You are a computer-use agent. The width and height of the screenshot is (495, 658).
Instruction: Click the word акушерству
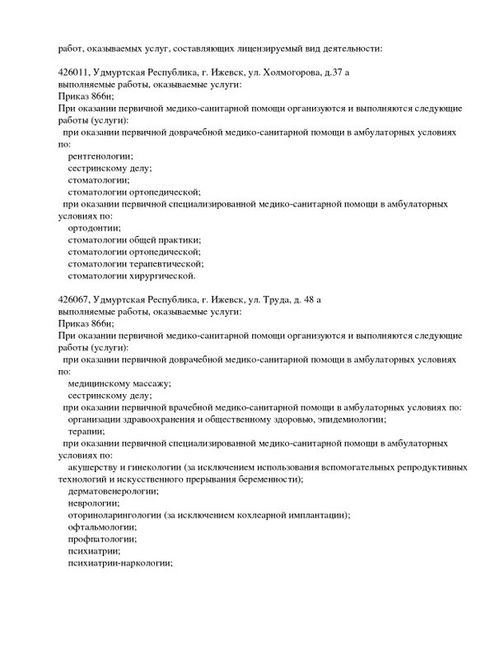(x=97, y=467)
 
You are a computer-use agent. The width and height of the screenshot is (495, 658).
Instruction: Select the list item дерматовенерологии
(x=114, y=491)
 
